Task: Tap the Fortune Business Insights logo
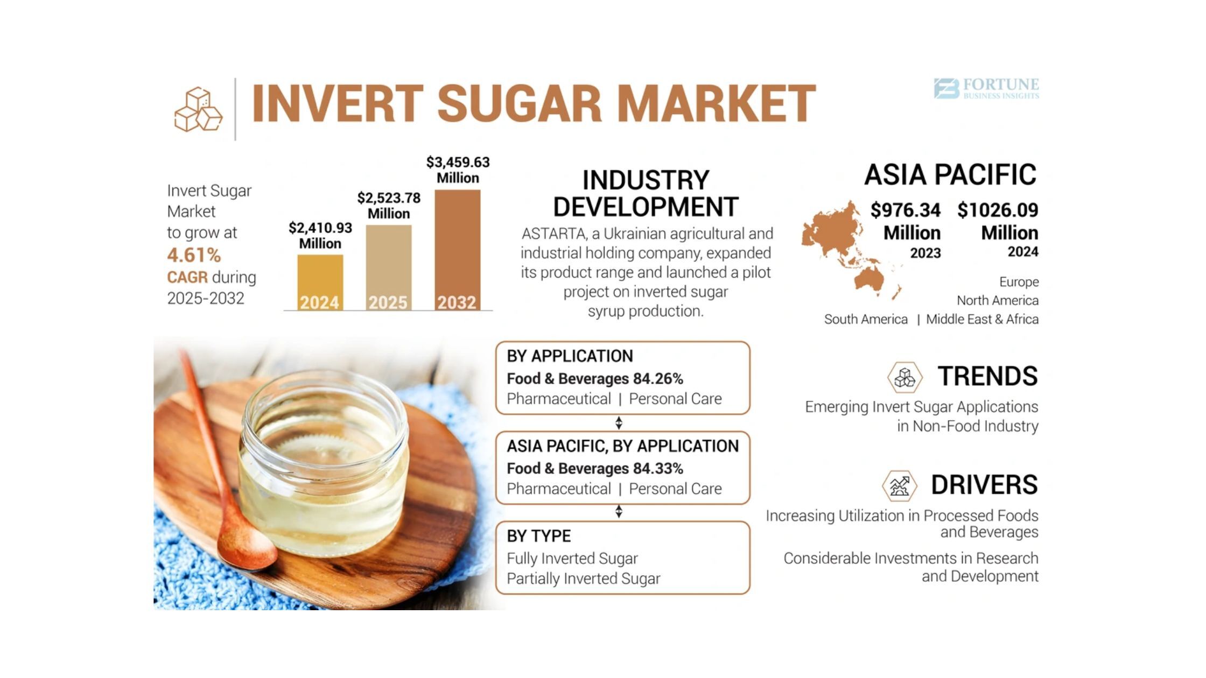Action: [x=986, y=89]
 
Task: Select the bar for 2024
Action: [x=320, y=282]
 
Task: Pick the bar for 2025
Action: [x=388, y=267]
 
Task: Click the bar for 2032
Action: [x=458, y=250]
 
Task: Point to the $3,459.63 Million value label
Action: [x=458, y=170]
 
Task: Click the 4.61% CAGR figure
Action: [x=194, y=255]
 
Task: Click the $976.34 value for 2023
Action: [x=906, y=210]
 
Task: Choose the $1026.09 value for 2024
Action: [x=998, y=210]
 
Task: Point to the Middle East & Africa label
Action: [x=982, y=319]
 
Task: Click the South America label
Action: [x=866, y=319]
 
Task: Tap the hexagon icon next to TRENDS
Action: [x=904, y=377]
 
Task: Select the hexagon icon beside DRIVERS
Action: [x=899, y=486]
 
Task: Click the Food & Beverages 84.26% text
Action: [x=595, y=379]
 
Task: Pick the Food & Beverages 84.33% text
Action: [x=595, y=469]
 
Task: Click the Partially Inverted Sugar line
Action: [x=583, y=578]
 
